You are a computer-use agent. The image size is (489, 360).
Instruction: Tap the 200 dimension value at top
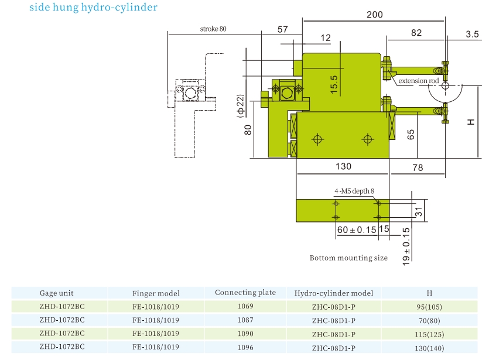point(375,15)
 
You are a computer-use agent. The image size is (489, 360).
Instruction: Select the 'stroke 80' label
point(213,29)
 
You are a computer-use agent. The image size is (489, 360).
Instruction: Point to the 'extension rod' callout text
point(419,81)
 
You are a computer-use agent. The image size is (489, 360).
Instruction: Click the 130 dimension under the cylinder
point(343,167)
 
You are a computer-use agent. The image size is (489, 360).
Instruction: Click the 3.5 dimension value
point(473,34)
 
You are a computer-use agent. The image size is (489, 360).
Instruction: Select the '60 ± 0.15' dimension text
point(357,230)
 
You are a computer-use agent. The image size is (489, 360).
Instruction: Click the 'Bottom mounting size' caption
point(348,258)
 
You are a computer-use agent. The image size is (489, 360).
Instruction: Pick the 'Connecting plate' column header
point(245,293)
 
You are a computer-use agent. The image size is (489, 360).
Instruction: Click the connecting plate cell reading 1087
point(245,320)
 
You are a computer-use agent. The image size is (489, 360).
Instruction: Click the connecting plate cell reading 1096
point(245,347)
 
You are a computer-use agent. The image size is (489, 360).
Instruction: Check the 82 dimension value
point(416,33)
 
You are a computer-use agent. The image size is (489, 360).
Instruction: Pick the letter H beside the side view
point(470,122)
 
